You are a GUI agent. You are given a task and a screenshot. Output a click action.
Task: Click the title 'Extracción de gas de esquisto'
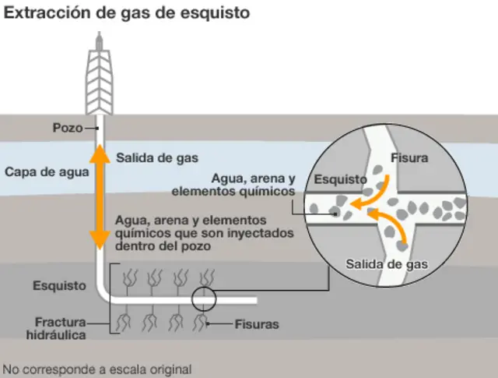128,14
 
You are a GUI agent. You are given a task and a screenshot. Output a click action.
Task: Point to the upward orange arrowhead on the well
100,154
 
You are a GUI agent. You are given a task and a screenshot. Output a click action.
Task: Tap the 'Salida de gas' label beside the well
157,157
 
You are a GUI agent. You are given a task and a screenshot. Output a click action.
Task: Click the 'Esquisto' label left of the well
59,286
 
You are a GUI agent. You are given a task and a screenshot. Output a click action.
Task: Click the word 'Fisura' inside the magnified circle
410,157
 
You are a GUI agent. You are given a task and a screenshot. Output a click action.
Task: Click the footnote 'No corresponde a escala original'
96,369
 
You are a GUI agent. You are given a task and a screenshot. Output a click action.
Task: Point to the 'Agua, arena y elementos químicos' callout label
233,184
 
